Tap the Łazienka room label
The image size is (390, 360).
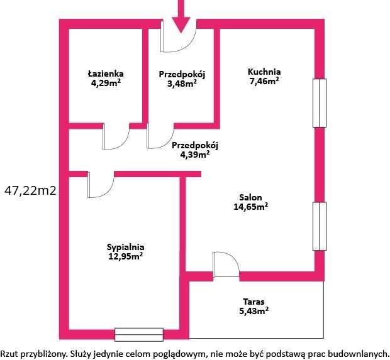[x=106, y=74]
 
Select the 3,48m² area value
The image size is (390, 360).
[x=182, y=84]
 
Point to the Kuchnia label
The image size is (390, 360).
[x=264, y=72]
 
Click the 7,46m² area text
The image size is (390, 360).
[x=264, y=81]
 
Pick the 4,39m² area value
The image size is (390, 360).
[x=195, y=155]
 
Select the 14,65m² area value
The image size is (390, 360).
[x=251, y=207]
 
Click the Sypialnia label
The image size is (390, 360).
[x=126, y=247]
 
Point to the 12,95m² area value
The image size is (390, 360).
[x=126, y=256]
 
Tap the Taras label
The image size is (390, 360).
[x=253, y=302]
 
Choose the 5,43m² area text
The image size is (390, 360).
[x=253, y=311]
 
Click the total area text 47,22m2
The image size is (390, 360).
[x=30, y=191]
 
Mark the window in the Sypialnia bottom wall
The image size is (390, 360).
[x=139, y=334]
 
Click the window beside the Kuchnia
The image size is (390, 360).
[x=320, y=103]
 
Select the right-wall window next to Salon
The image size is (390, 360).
[x=320, y=226]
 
